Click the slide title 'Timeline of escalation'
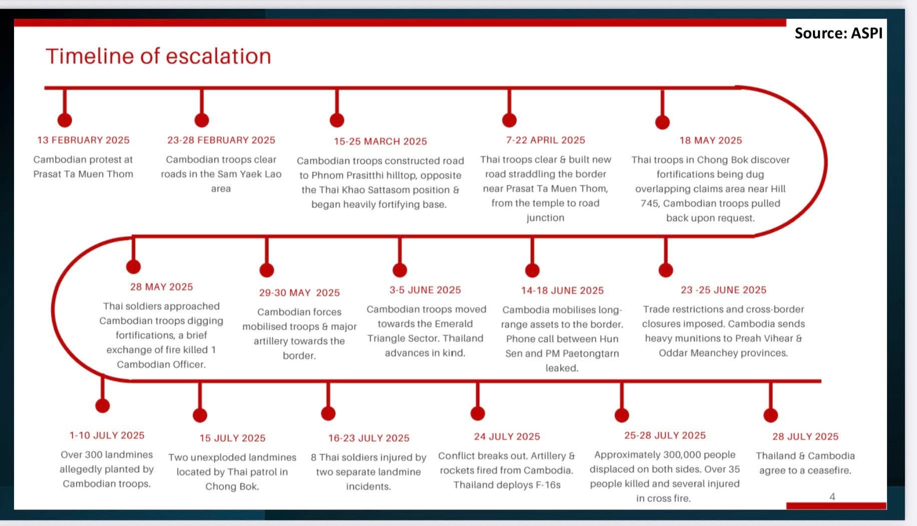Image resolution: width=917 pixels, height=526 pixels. point(158,56)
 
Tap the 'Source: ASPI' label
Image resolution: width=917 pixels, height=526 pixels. point(838,33)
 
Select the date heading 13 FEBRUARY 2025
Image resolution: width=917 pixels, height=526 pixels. point(83,140)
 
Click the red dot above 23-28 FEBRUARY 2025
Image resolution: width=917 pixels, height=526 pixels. point(202,120)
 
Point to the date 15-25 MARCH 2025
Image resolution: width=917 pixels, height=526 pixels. point(380,142)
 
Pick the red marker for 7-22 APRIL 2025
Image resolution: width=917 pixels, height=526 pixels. point(509,120)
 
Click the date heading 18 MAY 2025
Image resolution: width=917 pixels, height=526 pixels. point(710,141)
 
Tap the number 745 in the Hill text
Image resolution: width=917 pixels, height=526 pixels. point(650,204)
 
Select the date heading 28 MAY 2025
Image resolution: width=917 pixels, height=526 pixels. point(161,287)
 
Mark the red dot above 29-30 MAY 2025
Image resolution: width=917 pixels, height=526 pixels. point(267,271)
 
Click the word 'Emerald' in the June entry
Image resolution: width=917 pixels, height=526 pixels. point(453,324)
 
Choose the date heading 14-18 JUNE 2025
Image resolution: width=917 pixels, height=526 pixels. point(562,291)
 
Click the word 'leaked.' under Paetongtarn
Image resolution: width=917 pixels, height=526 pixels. point(562,368)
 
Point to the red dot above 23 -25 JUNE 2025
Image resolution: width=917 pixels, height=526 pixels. point(666,271)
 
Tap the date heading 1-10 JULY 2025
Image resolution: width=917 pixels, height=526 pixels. point(107,436)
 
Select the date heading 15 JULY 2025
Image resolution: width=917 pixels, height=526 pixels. point(232,438)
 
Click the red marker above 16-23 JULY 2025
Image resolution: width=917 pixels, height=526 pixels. point(328,413)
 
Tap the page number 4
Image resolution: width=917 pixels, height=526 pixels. point(832,496)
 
